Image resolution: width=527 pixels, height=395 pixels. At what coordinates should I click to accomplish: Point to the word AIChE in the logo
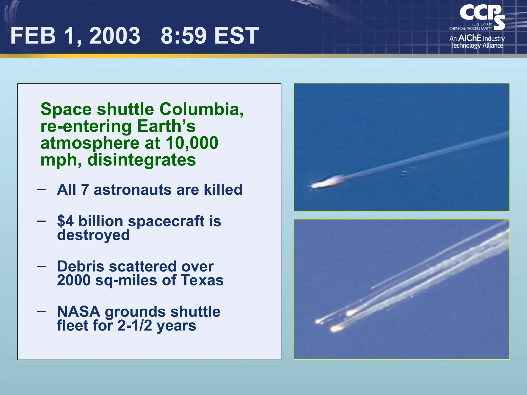click(470, 38)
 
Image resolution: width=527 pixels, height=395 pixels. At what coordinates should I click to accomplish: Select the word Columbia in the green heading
click(201, 109)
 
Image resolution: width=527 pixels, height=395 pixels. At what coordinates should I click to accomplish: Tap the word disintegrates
click(142, 160)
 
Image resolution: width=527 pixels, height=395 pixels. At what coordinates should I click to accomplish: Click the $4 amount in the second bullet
click(65, 221)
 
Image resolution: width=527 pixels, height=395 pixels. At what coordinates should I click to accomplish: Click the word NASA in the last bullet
click(78, 312)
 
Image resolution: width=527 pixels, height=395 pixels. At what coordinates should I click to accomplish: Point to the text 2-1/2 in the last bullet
click(135, 326)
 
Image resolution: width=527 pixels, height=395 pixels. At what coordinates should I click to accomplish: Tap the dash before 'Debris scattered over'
click(41, 266)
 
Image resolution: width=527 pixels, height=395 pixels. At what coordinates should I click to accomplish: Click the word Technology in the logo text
click(466, 46)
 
